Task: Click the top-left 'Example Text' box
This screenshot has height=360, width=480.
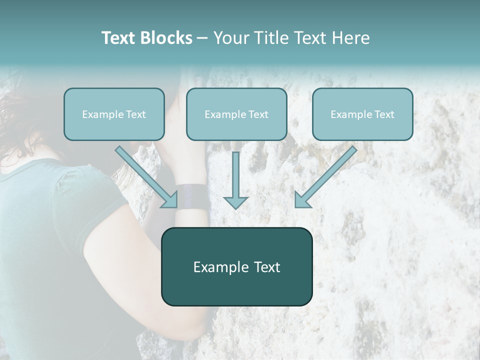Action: [x=114, y=114]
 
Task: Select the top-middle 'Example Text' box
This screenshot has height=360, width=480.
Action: [x=236, y=114]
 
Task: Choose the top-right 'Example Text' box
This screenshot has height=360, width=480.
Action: [x=362, y=114]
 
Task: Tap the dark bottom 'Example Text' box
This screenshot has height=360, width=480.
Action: [x=236, y=266]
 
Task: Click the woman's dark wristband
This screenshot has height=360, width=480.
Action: [x=191, y=196]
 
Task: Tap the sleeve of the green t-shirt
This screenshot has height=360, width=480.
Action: [x=95, y=195]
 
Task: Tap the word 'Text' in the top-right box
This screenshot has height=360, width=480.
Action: [x=384, y=114]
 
